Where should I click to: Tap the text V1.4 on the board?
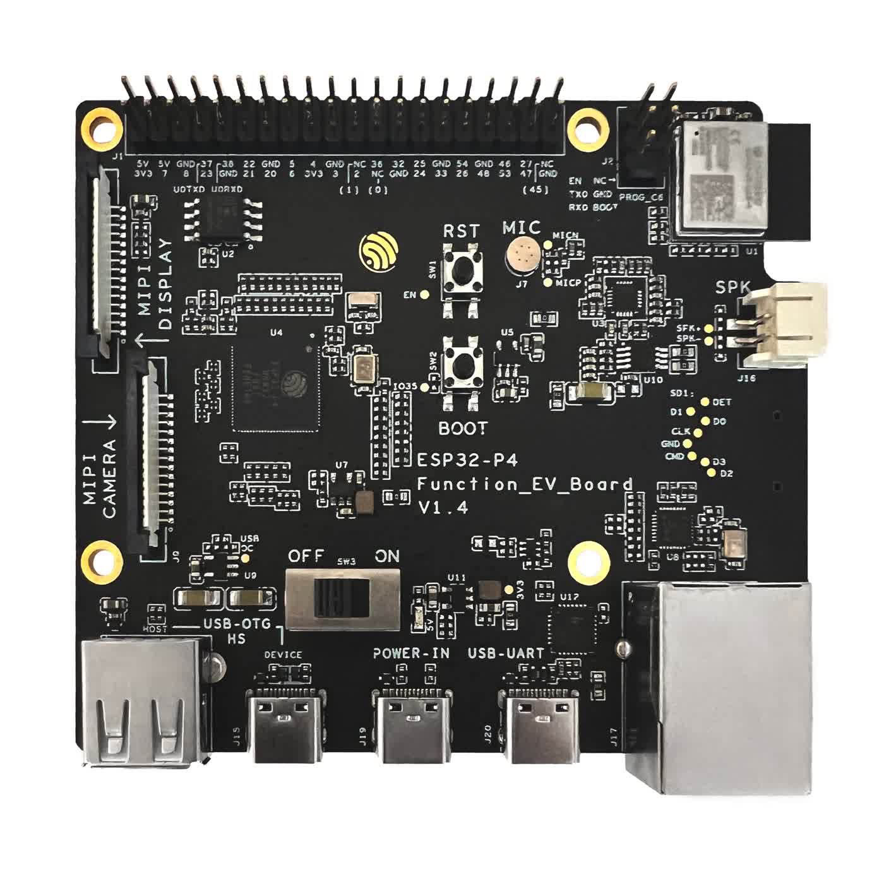point(443,506)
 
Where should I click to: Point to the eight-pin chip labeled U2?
point(222,218)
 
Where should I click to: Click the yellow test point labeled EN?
point(426,294)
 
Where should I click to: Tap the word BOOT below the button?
point(463,428)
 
